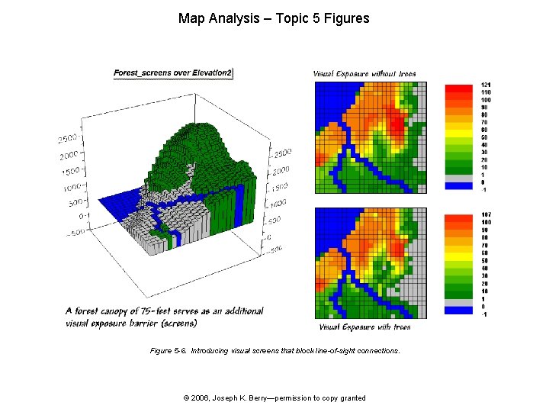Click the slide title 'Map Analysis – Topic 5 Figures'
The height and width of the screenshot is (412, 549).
pos(274,18)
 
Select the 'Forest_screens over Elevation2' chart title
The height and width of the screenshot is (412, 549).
pos(173,73)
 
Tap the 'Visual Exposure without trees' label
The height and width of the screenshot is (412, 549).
pos(364,74)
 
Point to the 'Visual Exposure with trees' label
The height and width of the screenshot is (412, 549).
pos(364,327)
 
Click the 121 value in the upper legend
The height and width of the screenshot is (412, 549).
pos(486,85)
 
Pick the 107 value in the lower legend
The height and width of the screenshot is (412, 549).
pos(486,215)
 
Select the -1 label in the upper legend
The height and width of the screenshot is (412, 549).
pos(485,190)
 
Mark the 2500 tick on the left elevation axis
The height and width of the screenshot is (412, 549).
pos(68,138)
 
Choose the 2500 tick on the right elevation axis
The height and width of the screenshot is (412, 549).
pos(282,152)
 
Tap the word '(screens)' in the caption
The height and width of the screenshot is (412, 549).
pos(176,323)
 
